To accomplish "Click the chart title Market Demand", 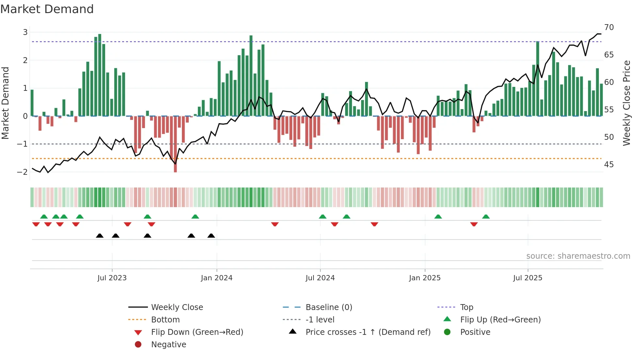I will pyautogui.click(x=47, y=9).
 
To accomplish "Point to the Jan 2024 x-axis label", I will pyautogui.click(x=216, y=278).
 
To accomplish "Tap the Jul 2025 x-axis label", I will pyautogui.click(x=527, y=278).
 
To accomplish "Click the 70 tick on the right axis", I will pyautogui.click(x=609, y=27).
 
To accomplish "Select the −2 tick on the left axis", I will pyautogui.click(x=23, y=172).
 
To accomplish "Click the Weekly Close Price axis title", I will pyautogui.click(x=626, y=103).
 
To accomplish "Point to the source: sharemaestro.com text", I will pyautogui.click(x=578, y=256).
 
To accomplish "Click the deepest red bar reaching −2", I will pyautogui.click(x=175, y=144).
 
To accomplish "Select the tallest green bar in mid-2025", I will pyautogui.click(x=537, y=78).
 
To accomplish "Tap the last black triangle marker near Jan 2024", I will pyautogui.click(x=211, y=236).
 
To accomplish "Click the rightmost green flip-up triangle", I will pyautogui.click(x=486, y=217).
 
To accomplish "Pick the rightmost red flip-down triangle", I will pyautogui.click(x=474, y=224).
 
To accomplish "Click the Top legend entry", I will pyautogui.click(x=466, y=307).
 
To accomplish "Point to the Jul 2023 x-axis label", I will pyautogui.click(x=112, y=278).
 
